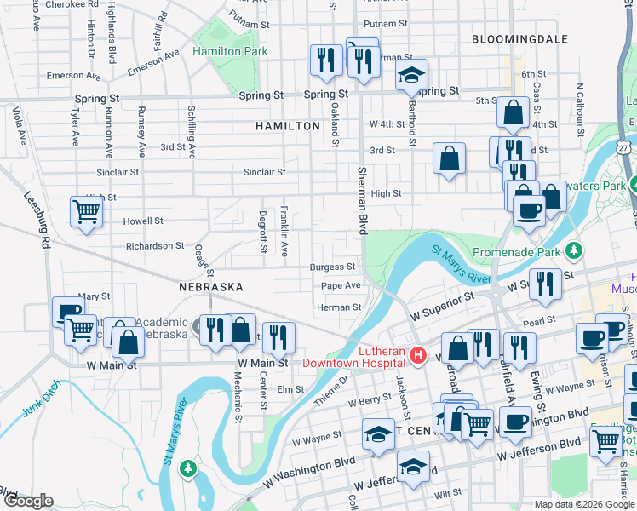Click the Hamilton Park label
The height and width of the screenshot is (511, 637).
pos(230,51)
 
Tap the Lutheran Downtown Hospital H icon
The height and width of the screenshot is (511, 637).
pos(417,355)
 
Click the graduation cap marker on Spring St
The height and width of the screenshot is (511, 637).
pos(411,74)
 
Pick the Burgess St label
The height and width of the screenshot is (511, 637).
pos(332,267)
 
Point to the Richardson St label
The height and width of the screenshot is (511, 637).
pos(155,245)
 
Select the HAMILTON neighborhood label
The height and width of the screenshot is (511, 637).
pos(287,125)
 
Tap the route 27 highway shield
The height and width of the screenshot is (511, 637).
pos(624,147)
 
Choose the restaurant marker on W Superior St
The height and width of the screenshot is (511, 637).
pos(545,283)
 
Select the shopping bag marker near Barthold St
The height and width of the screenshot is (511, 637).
pos(449,158)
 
